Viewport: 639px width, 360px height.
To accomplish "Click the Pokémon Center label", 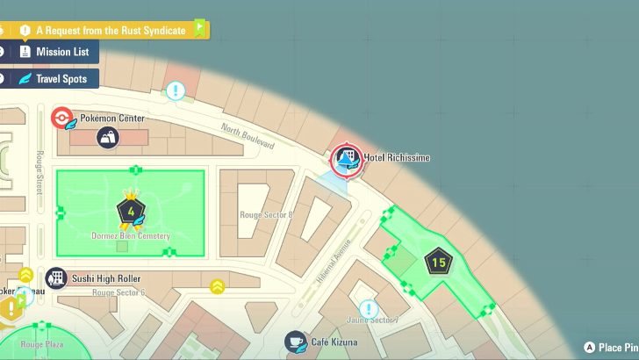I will click(x=112, y=118).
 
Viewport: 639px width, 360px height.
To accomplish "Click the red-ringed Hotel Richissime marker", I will click(x=345, y=159).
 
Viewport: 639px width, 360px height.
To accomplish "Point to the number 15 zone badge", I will click(x=439, y=261).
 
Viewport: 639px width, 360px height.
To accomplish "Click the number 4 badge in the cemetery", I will click(x=131, y=212).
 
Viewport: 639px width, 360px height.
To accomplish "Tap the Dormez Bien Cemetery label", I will click(x=131, y=236).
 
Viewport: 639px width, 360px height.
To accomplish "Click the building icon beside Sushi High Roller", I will click(x=56, y=278).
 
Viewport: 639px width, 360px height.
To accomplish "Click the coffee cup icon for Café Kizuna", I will click(x=296, y=341).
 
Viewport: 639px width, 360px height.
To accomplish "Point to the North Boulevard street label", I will click(x=248, y=138).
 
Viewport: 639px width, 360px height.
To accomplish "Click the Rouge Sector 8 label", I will click(x=266, y=214).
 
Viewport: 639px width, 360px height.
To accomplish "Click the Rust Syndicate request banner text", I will click(x=111, y=30).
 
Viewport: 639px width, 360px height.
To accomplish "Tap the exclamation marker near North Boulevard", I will click(x=176, y=90).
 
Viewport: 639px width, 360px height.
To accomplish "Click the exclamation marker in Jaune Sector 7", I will click(x=368, y=309).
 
